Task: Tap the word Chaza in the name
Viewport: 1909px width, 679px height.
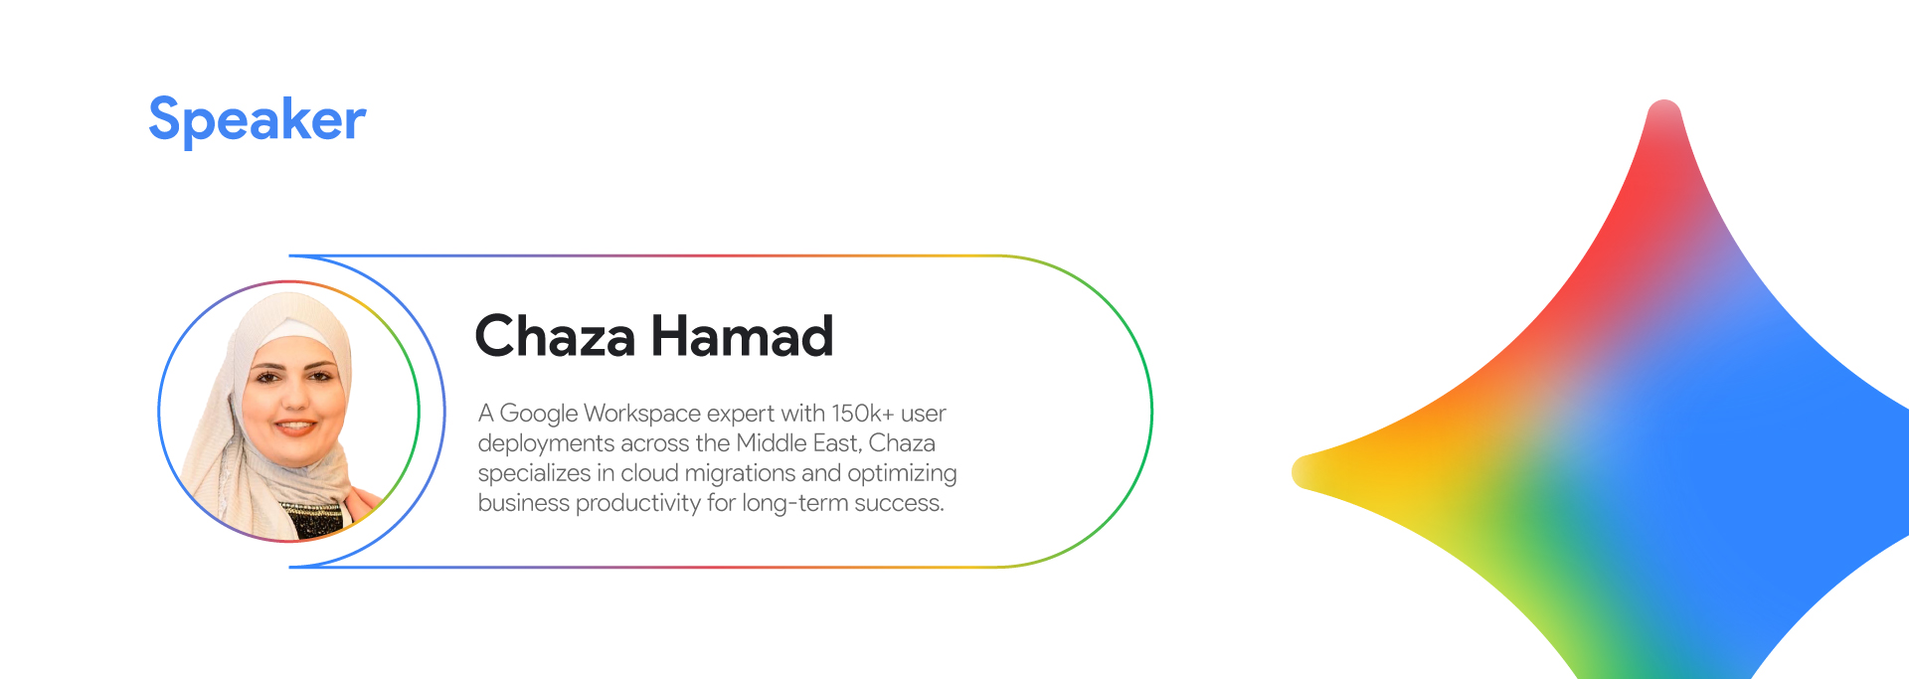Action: [x=555, y=336]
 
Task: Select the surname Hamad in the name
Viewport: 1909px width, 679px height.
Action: [x=742, y=336]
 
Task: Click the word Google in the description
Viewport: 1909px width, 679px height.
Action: [x=538, y=414]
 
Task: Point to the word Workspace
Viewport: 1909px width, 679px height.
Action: [x=641, y=414]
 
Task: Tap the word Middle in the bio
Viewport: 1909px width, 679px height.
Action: [x=771, y=442]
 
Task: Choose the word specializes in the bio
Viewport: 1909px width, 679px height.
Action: [x=534, y=473]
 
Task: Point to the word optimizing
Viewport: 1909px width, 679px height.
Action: [x=902, y=473]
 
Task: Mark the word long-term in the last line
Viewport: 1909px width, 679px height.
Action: [x=794, y=503]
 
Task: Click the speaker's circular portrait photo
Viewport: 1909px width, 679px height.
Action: [x=288, y=412]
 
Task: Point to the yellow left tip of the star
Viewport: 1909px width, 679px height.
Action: [x=1296, y=472]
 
